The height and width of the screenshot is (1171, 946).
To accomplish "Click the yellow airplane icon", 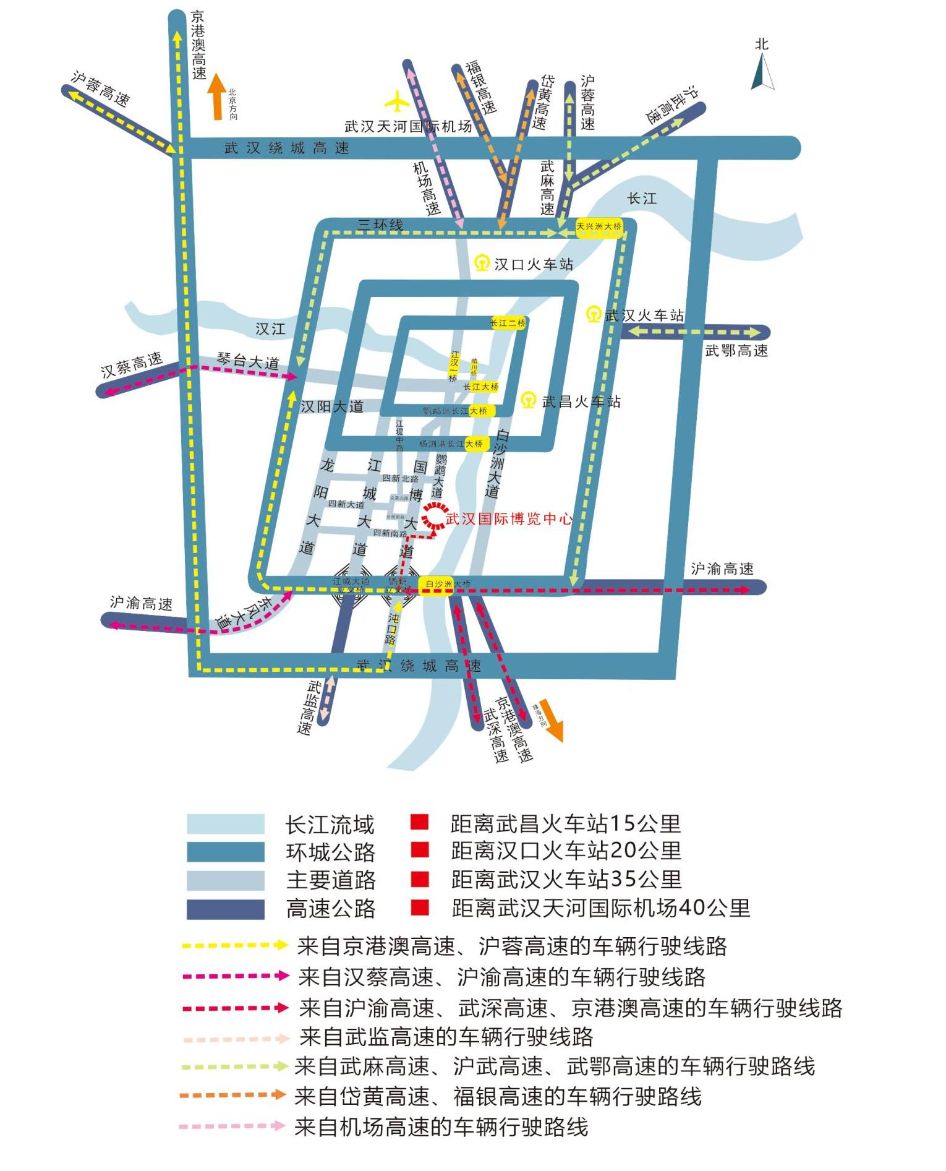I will coord(396,101).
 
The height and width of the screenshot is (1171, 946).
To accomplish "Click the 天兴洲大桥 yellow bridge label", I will coord(599,226).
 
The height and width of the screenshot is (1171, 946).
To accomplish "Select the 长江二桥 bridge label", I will coord(508,323).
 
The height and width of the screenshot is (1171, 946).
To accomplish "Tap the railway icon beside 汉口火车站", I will coord(482,264).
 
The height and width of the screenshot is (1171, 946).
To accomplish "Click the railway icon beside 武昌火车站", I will coord(528,400).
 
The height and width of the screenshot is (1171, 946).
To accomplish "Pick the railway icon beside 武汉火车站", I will coord(594,314).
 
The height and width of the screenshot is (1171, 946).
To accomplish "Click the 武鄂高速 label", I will coord(736,351).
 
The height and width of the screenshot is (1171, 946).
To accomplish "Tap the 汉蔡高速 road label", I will coord(131,364).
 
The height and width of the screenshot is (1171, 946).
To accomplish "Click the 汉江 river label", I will coord(270,328).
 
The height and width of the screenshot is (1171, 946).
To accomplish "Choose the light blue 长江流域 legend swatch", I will coord(226,825).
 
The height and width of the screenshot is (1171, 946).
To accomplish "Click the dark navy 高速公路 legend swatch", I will coord(226,909).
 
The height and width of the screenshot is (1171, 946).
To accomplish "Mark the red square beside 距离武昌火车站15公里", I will coord(419,823).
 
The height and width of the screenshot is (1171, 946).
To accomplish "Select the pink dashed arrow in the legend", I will coord(232,1126).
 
